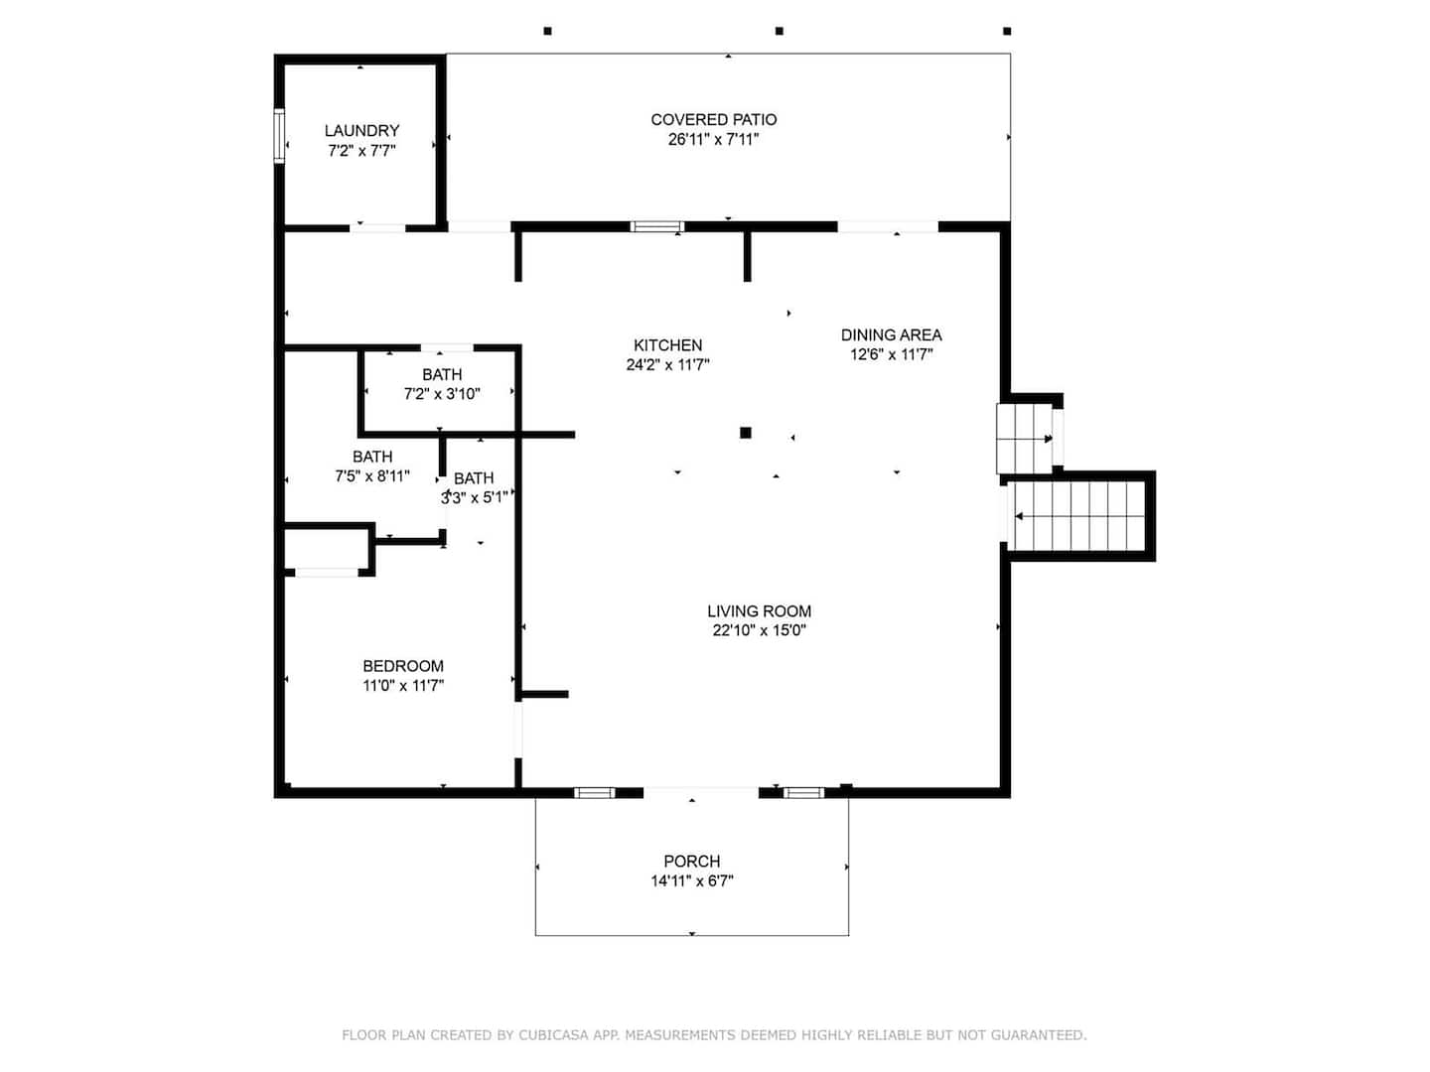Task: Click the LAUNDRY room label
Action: point(361,131)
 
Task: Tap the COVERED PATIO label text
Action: point(713,120)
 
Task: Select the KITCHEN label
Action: point(667,345)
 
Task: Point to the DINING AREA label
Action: point(891,335)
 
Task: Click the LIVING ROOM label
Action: point(759,611)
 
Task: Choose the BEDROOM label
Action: point(403,666)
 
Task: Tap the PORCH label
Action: point(692,862)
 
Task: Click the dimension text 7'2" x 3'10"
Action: point(442,394)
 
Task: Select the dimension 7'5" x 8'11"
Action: point(372,475)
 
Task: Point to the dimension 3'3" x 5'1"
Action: point(474,498)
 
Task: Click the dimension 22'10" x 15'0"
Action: point(759,630)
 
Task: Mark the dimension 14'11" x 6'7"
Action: point(692,880)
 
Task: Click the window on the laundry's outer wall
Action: point(279,136)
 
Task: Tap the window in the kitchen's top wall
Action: point(656,226)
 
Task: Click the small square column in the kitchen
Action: point(746,432)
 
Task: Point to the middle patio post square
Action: point(779,31)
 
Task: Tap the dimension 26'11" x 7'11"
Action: point(713,139)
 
